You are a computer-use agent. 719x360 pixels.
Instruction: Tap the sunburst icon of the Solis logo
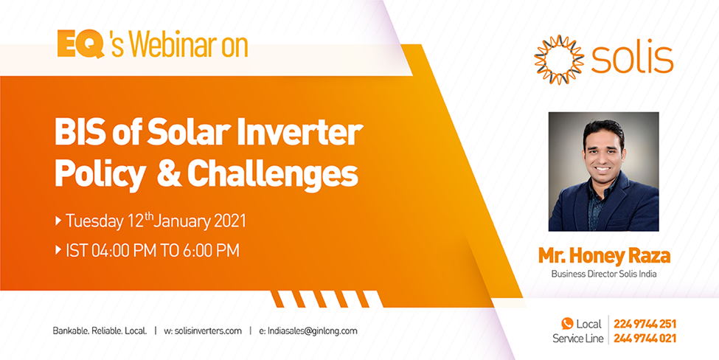[559, 60]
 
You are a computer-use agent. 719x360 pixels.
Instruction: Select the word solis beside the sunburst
[632, 60]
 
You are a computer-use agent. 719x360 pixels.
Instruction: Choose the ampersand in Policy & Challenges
[169, 175]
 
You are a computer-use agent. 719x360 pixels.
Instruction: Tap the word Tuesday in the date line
[94, 221]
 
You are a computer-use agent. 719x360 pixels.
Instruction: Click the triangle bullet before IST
[58, 251]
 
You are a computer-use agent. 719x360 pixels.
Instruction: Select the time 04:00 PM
[119, 251]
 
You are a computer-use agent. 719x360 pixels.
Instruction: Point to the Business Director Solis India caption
[604, 274]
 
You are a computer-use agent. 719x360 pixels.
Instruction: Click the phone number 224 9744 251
[645, 325]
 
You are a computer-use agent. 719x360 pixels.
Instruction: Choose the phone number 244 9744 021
[645, 339]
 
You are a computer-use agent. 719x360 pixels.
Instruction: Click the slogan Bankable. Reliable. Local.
[100, 331]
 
